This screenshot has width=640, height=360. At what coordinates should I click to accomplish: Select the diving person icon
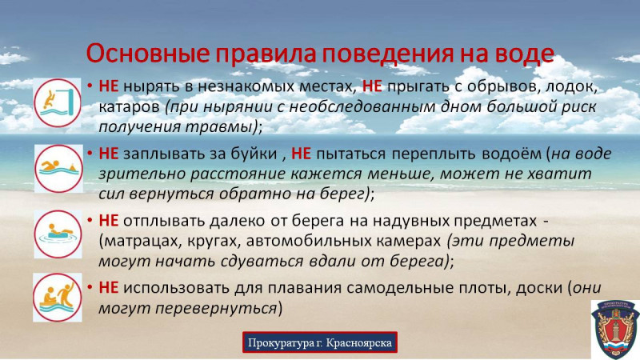58,102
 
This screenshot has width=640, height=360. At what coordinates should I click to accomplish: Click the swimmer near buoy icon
58,169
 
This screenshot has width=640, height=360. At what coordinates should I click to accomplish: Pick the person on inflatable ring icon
58,234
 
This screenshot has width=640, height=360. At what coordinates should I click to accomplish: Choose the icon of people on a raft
58,298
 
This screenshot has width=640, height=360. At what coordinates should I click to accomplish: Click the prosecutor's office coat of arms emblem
615,330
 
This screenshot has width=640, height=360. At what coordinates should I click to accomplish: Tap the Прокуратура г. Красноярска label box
319,342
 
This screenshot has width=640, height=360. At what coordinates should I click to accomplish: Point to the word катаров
129,107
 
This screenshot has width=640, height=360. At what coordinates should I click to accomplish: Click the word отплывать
165,221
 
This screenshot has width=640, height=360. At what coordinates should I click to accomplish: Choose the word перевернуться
216,308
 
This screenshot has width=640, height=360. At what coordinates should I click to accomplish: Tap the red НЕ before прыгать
372,86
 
